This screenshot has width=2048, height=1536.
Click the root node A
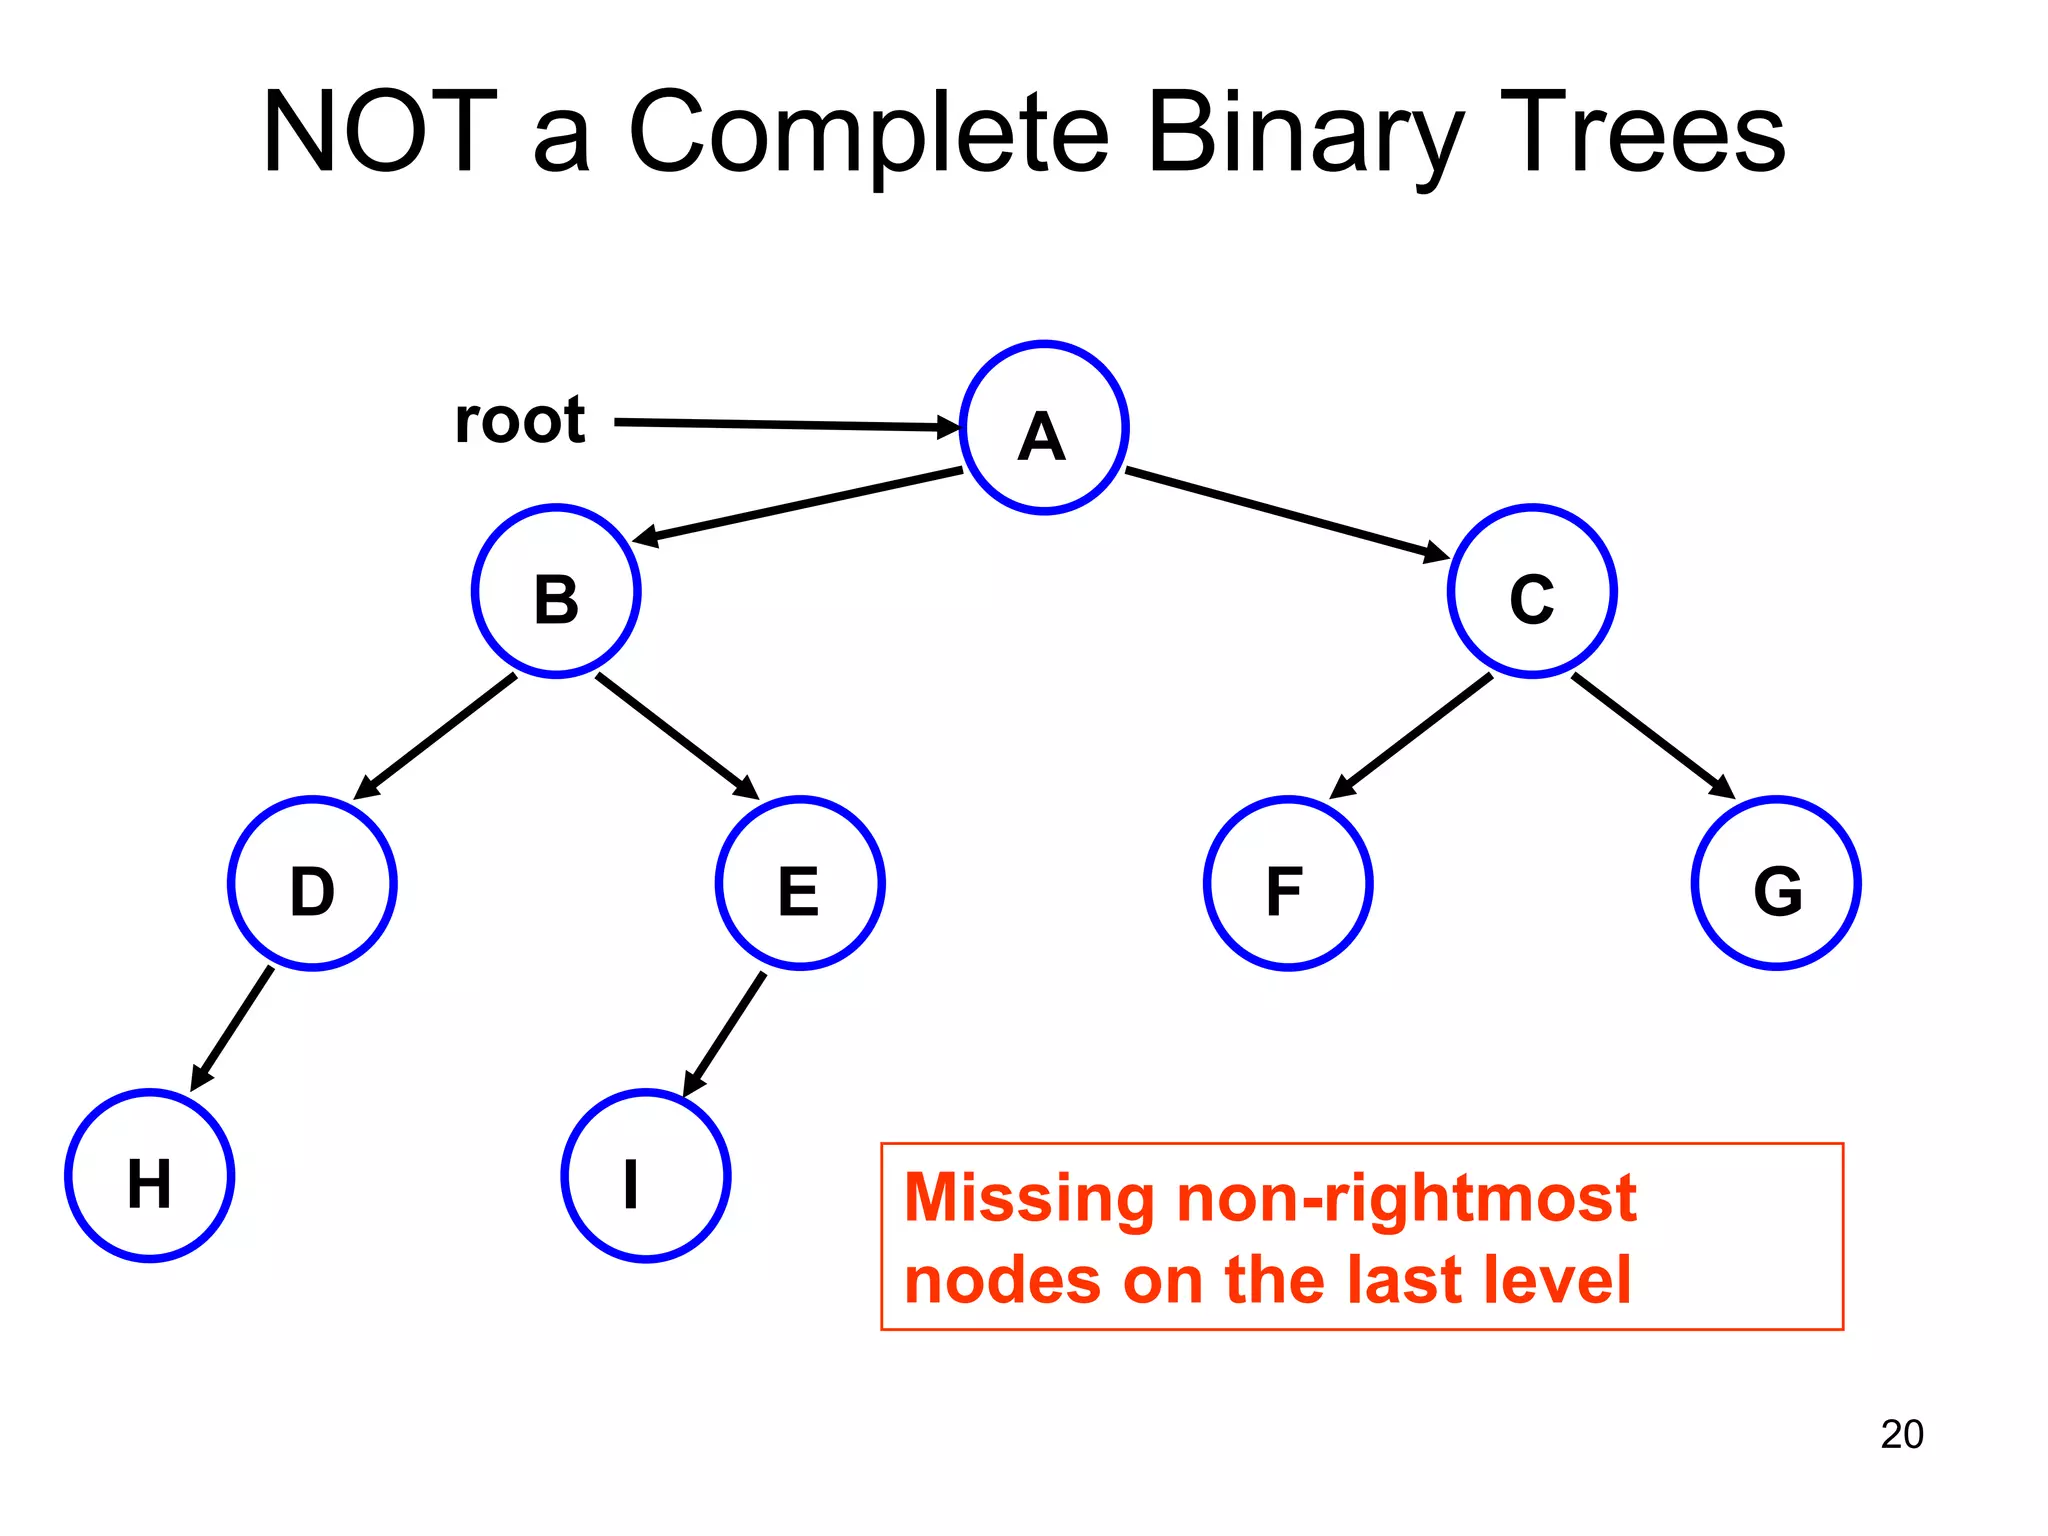pyautogui.click(x=1044, y=428)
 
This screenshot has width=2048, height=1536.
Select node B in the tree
pyautogui.click(x=556, y=591)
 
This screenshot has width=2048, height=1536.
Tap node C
pyautogui.click(x=1532, y=591)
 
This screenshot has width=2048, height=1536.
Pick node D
pyautogui.click(x=312, y=884)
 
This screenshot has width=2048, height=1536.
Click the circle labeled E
pyautogui.click(x=800, y=884)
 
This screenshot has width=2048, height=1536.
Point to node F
pyautogui.click(x=1288, y=884)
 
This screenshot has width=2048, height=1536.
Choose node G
pyautogui.click(x=1776, y=884)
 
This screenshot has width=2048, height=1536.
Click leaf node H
pyautogui.click(x=150, y=1176)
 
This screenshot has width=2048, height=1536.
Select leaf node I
pyautogui.click(x=646, y=1176)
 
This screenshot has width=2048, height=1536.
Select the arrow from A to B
pyautogui.click(x=800, y=506)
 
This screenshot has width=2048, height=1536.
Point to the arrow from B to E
pyautogui.click(x=677, y=736)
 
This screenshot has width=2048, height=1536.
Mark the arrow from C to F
pyautogui.click(x=1411, y=736)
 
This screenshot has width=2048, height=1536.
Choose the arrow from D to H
pyautogui.click(x=232, y=1028)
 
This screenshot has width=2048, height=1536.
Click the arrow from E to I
pyautogui.click(x=725, y=1033)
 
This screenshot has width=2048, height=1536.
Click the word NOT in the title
pyautogui.click(x=380, y=132)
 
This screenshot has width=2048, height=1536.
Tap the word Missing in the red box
pyautogui.click(x=1029, y=1197)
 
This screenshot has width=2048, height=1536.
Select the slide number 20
pyautogui.click(x=1901, y=1434)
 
